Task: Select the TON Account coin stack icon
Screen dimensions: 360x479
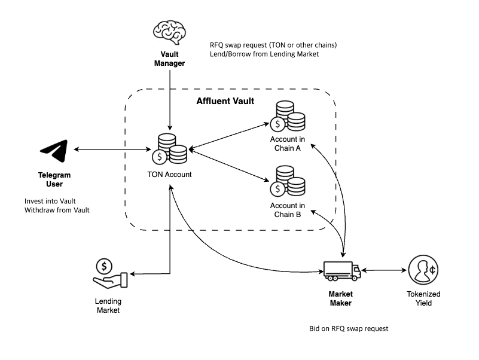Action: tap(169, 150)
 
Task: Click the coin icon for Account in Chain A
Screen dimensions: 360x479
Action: tap(288, 117)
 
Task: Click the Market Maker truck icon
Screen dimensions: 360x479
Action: tap(341, 271)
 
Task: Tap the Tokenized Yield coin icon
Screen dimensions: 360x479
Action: tap(424, 270)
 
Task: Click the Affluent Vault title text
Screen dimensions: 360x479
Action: tap(225, 101)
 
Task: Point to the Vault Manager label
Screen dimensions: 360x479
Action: tap(170, 59)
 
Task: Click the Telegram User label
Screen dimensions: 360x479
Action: tap(54, 179)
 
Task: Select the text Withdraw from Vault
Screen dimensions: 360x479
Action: tap(57, 210)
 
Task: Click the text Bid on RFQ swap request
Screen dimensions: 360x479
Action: tap(349, 329)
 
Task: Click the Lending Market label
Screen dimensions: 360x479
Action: tap(108, 306)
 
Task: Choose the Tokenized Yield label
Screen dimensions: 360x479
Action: tap(424, 298)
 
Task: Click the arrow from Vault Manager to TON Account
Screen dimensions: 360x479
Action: tap(170, 99)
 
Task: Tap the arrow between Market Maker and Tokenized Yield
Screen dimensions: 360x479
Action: tap(384, 271)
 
